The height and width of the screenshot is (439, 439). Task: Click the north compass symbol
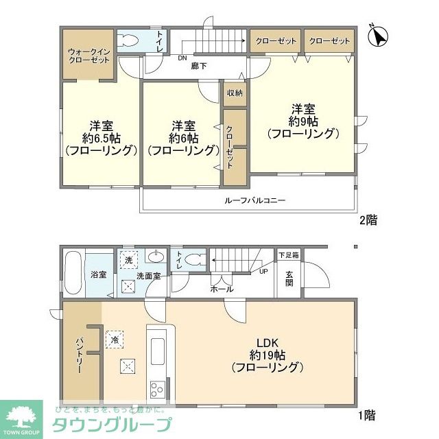coord(377,36)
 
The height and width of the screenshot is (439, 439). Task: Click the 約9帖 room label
coord(302,121)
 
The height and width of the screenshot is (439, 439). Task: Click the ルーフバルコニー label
coord(254,201)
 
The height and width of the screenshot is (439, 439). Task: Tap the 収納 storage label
coord(233,93)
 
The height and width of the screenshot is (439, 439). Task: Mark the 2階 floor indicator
coord(368,220)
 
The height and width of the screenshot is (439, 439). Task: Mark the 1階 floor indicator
coord(366,414)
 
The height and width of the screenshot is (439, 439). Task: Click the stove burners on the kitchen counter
coord(157,390)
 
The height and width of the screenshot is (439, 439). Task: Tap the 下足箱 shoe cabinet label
coord(287,254)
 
